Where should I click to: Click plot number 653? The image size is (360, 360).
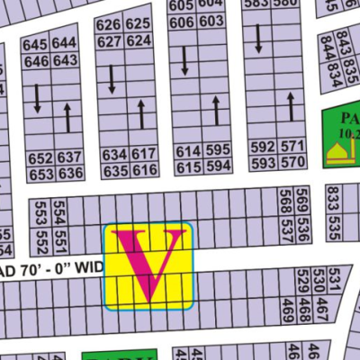[x=40, y=174]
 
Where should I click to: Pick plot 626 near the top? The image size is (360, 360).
[x=108, y=24]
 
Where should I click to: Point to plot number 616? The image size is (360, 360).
[x=144, y=170]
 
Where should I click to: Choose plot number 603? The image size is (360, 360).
[x=211, y=22]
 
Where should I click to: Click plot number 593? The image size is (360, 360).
[x=263, y=163]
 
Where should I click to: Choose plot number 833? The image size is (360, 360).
[x=333, y=195]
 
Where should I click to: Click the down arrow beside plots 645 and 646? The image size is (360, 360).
[x=37, y=97]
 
